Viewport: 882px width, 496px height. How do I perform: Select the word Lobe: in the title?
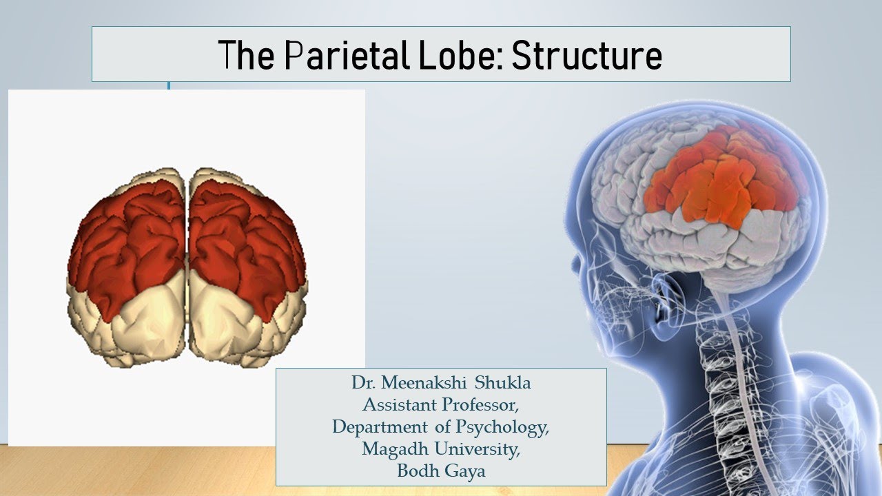[x=460, y=55]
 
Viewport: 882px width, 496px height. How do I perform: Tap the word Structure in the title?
[x=586, y=55]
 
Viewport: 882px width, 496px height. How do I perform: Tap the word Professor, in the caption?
[x=482, y=406]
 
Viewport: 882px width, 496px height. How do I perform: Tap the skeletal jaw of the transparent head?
[x=630, y=324]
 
